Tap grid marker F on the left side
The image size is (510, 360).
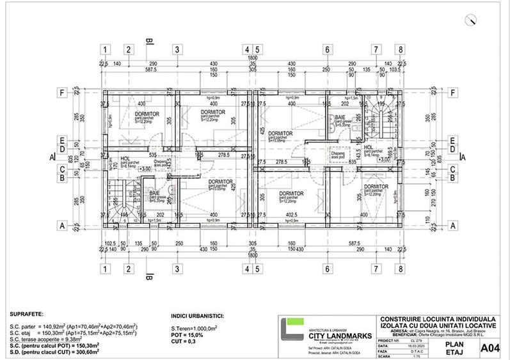tap(62, 92)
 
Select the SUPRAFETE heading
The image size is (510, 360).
tap(28, 315)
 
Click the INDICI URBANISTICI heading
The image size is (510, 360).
tap(203, 316)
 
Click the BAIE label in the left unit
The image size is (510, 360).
tap(154, 192)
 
